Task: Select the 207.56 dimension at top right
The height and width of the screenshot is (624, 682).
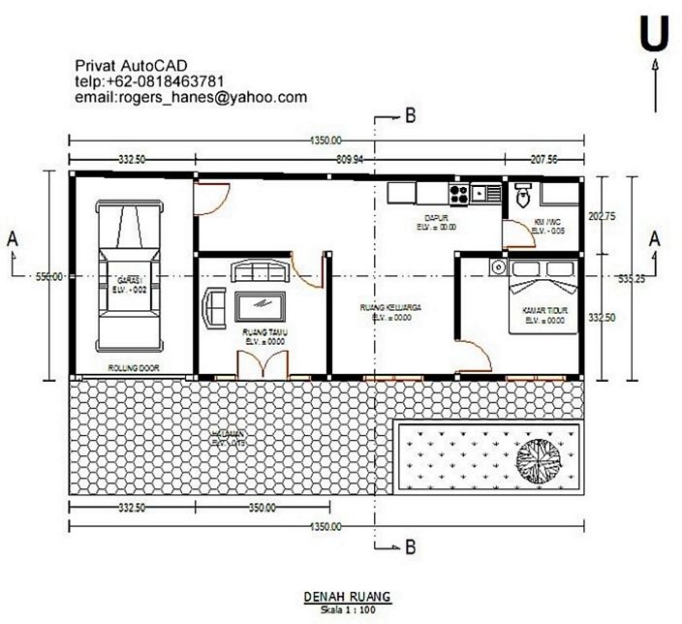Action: tap(543, 159)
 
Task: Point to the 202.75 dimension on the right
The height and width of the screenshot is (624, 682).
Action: tap(602, 216)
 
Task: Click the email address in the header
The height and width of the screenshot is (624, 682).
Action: tap(191, 97)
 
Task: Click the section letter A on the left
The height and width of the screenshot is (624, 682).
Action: tap(12, 236)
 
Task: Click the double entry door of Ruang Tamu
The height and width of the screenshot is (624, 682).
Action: tap(263, 363)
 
